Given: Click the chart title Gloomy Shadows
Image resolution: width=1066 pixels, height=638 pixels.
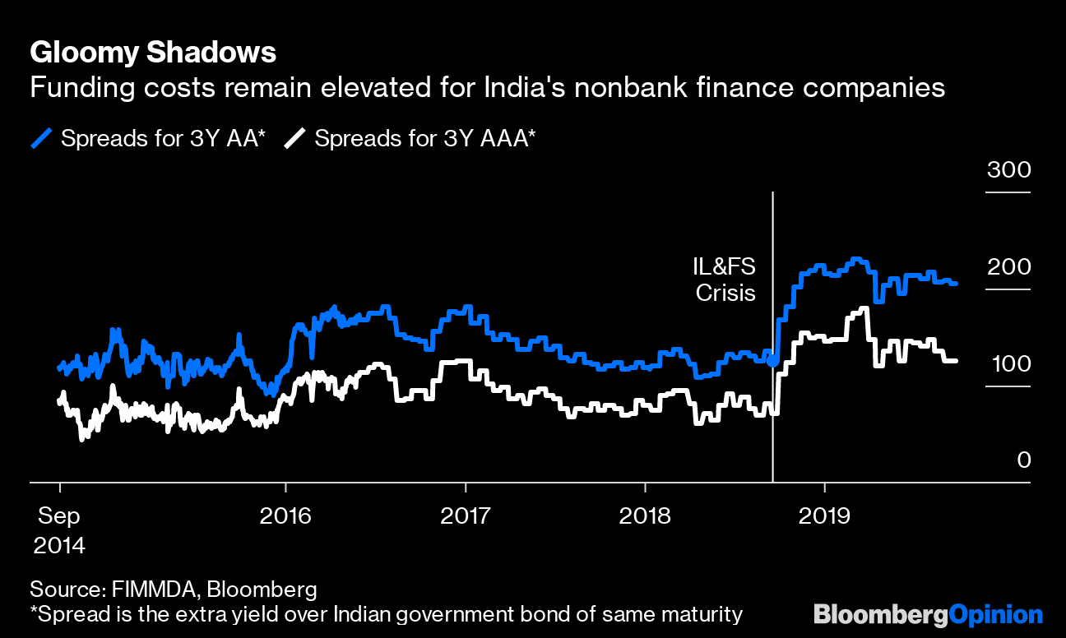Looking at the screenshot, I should pyautogui.click(x=152, y=53).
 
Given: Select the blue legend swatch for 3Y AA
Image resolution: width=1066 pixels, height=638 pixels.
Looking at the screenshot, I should pyautogui.click(x=42, y=139).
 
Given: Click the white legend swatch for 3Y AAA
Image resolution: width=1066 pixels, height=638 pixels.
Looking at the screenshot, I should pyautogui.click(x=295, y=139).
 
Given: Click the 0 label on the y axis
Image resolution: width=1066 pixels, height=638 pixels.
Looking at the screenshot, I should pyautogui.click(x=1023, y=460).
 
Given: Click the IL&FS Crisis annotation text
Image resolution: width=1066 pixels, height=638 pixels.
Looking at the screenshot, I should pyautogui.click(x=725, y=280).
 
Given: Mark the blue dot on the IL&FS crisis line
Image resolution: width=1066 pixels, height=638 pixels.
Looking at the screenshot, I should pyautogui.click(x=772, y=360).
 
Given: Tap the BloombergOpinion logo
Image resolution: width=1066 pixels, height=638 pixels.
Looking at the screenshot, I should pyautogui.click(x=928, y=614).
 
